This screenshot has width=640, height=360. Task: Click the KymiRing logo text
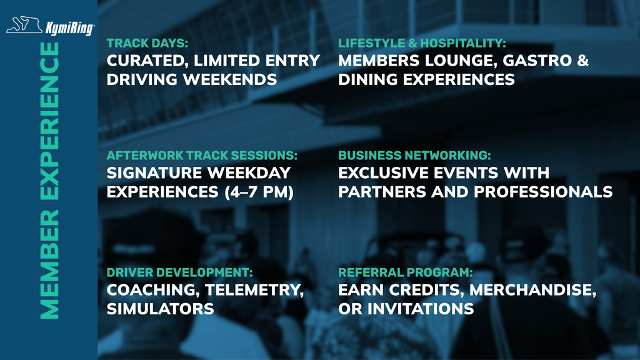point(70,27)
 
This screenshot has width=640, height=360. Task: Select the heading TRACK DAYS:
point(147,44)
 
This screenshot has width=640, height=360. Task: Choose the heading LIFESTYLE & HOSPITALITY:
point(422,44)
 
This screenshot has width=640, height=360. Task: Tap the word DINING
point(367,80)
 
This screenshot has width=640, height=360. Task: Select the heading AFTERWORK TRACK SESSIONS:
point(202,155)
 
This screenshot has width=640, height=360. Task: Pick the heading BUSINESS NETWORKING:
point(414,155)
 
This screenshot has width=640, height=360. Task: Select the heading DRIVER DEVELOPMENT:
point(179,272)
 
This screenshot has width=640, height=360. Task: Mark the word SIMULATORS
point(160,309)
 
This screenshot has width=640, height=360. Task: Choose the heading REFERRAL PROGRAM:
point(405,272)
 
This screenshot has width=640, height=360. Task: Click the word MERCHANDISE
point(532,290)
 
